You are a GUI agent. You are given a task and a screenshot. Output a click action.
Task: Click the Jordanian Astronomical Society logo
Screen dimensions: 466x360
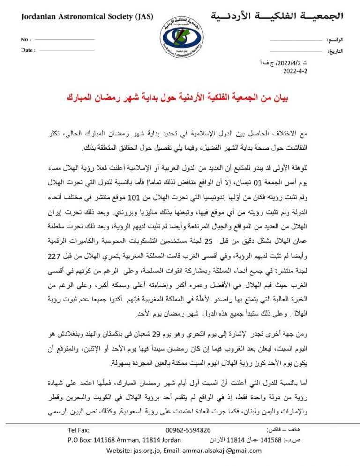pyautogui.click(x=180, y=36)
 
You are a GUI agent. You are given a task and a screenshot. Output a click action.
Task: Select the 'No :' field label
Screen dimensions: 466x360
pyautogui.click(x=26, y=40)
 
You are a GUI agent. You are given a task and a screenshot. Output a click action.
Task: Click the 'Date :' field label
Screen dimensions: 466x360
pyautogui.click(x=28, y=50)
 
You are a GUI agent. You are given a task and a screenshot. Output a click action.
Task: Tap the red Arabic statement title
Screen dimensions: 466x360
pyautogui.click(x=181, y=99)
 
